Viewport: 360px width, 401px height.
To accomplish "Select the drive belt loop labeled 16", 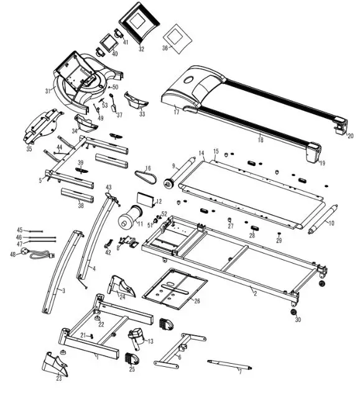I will tap(142, 175).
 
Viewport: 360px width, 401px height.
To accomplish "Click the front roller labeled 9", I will tap(182, 173).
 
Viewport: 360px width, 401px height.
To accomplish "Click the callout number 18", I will tap(260, 141).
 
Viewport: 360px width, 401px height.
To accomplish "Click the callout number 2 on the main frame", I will tap(254, 292).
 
